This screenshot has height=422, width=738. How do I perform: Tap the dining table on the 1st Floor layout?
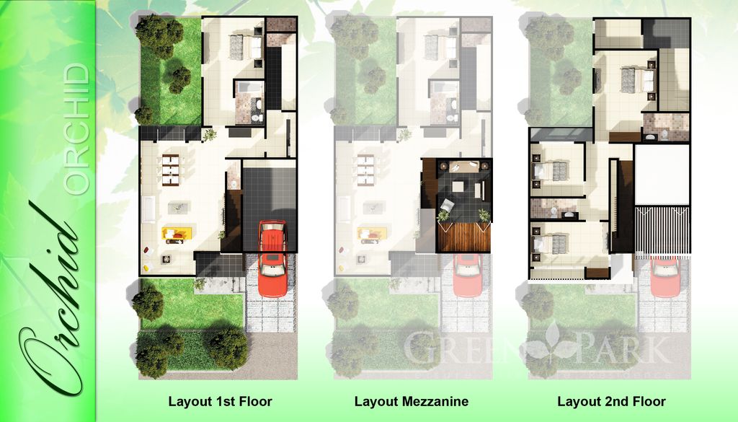171,167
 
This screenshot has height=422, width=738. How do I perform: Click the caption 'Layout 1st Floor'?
220,401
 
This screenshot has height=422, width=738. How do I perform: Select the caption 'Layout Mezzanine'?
412,401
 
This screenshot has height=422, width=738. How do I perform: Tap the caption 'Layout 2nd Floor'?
612,401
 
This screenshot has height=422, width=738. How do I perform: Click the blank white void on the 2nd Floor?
662,174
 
